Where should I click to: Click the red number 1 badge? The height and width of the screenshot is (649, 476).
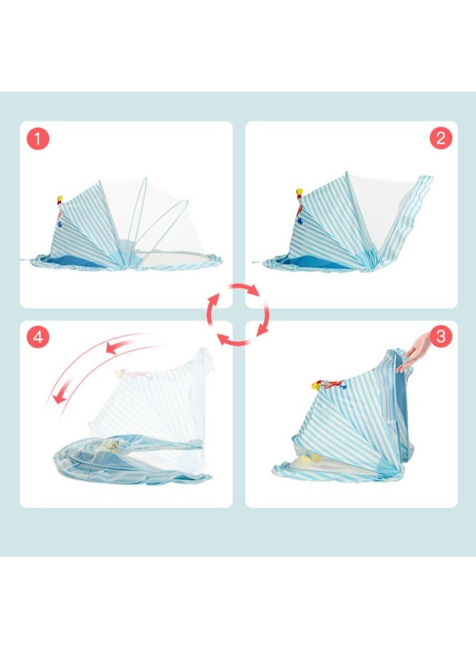(37, 139)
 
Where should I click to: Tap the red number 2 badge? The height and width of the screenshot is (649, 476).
(440, 138)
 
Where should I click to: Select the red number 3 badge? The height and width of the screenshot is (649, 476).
(440, 337)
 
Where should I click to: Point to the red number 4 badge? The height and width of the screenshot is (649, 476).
(37, 337)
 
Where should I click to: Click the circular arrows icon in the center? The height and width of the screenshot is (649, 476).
(238, 314)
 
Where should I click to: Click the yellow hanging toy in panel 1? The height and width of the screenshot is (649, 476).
(61, 200)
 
